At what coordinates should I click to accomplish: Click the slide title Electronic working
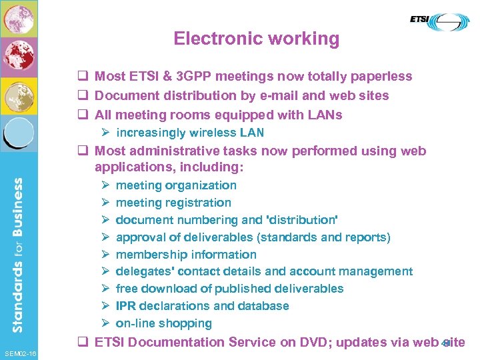[256, 39]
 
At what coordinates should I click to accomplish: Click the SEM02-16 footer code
[20, 353]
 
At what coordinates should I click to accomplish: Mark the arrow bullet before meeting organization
[105, 185]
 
